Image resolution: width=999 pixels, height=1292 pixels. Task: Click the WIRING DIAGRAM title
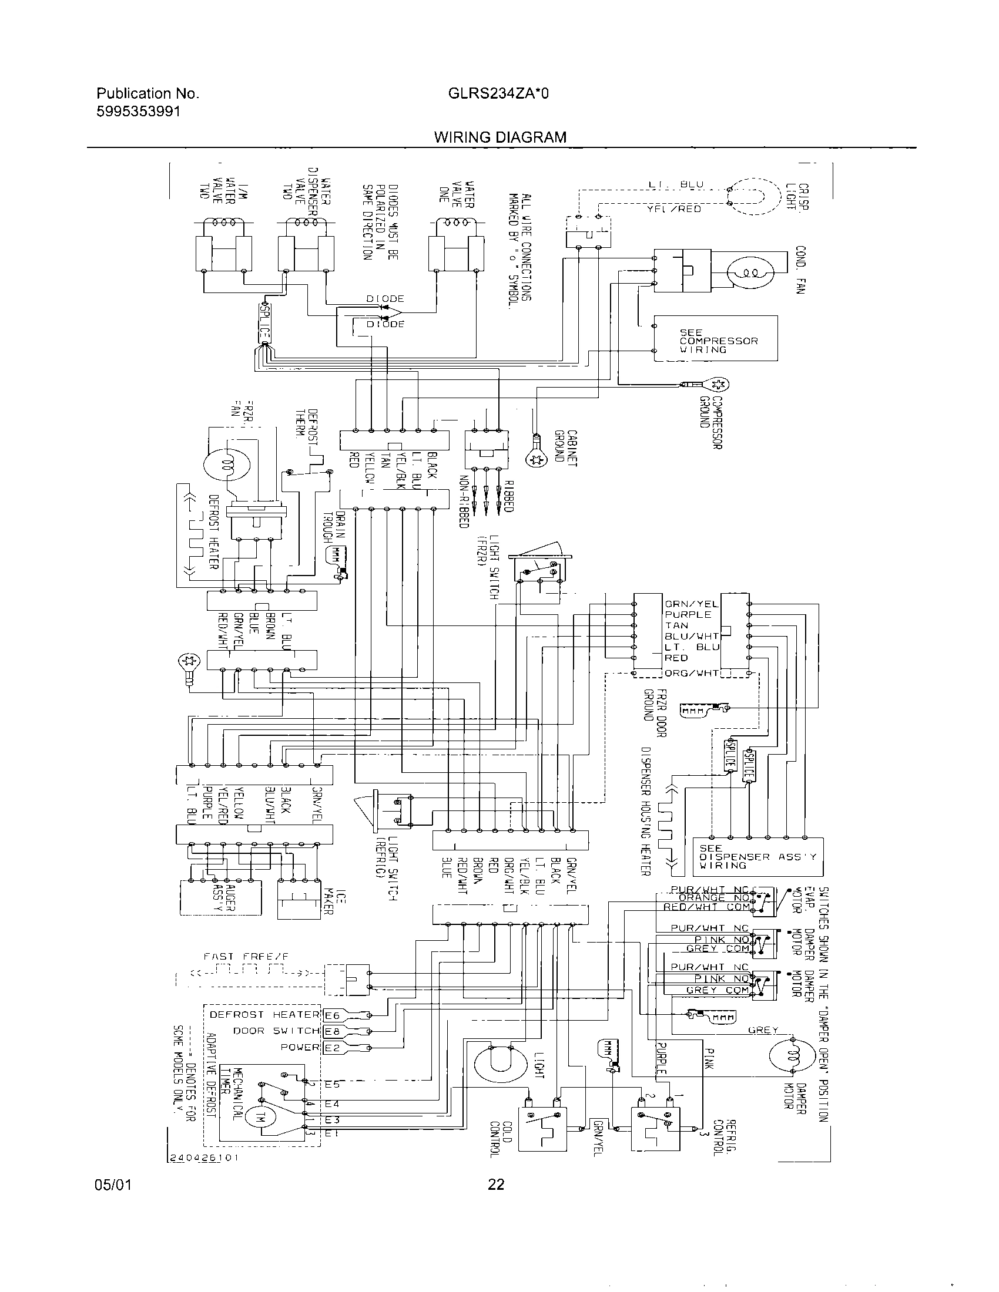coord(499,137)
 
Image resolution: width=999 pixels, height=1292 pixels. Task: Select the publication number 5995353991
coord(138,111)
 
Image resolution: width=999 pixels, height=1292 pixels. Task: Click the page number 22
coord(496,1184)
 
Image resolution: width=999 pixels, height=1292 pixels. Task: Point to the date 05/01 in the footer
coord(112,1184)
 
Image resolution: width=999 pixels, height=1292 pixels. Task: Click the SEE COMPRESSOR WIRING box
coord(716,338)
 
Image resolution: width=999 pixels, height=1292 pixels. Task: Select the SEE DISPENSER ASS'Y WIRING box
coord(757,856)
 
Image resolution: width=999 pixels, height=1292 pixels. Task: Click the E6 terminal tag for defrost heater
coord(333,1016)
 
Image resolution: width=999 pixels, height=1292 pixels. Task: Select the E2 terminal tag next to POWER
coord(333,1048)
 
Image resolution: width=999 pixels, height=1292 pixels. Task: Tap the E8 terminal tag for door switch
coord(333,1032)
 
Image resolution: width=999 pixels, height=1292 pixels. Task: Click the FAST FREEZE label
coord(246,957)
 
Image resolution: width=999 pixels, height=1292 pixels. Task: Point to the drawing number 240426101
coord(204,1158)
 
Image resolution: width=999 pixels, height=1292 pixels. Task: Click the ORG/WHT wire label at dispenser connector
coord(691,673)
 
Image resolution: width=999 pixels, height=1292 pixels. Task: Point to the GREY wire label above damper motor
coord(763,1030)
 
